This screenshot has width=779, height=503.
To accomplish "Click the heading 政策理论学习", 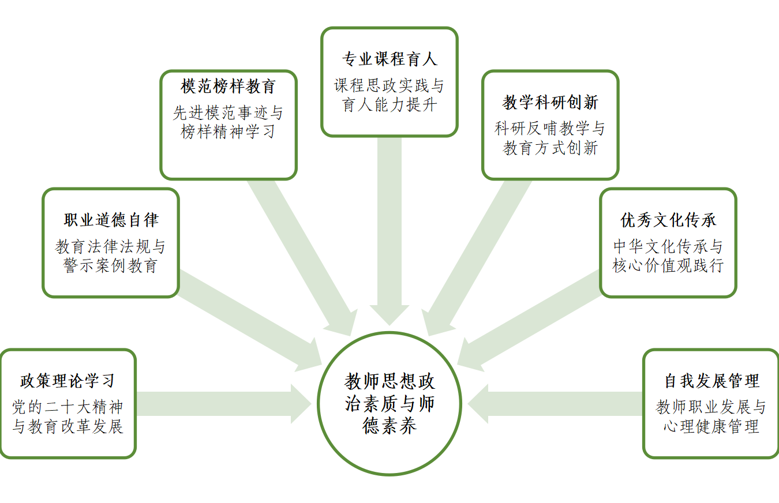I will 68,381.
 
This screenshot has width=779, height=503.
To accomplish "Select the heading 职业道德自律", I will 111,220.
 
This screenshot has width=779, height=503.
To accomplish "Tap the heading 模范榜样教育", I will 229,87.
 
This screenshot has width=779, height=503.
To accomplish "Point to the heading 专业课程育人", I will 389,59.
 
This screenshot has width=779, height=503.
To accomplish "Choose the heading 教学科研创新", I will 550,103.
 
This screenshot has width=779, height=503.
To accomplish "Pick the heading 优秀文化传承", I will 668,220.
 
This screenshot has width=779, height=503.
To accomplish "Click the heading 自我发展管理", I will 711,381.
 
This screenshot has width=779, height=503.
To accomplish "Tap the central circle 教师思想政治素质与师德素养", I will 389,403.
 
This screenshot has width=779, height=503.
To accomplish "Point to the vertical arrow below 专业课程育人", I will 389,231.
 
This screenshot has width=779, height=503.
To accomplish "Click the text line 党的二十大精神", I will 68,407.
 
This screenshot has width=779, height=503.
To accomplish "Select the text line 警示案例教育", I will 111,266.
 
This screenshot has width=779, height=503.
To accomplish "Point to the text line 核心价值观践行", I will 668,266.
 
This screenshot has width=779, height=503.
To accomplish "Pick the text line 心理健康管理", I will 711,427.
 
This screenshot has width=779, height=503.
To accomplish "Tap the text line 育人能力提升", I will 389,106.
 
